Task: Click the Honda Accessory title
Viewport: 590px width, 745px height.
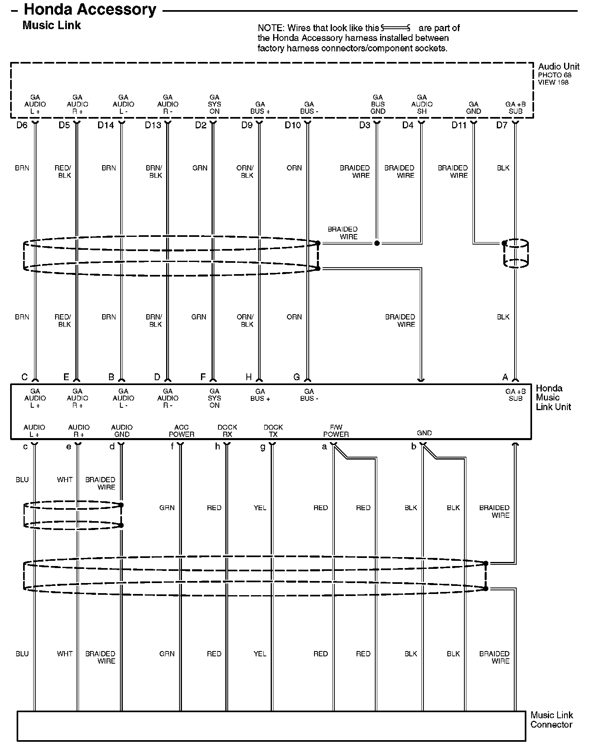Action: [x=90, y=10]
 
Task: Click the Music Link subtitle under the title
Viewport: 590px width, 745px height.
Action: [x=51, y=25]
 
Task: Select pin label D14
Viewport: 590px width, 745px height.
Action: [x=106, y=125]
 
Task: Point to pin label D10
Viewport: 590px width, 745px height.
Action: [x=293, y=125]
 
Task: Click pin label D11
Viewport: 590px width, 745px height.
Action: [x=459, y=125]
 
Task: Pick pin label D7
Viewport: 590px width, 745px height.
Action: [x=502, y=125]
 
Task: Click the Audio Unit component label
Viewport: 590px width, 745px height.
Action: [x=558, y=66]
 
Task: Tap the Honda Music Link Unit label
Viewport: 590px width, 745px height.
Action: [x=553, y=398]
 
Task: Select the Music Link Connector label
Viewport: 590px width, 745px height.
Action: [x=552, y=720]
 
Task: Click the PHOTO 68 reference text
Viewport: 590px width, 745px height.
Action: [x=554, y=75]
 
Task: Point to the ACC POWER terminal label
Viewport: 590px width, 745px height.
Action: [x=182, y=431]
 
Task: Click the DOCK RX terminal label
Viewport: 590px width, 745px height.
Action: [x=227, y=431]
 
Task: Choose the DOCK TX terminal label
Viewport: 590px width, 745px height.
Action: [x=273, y=431]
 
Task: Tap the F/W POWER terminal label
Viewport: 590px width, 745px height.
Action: [x=336, y=431]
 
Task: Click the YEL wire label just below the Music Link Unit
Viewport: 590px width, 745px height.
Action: [x=260, y=508]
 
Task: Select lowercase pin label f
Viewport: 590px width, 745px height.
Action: [x=172, y=446]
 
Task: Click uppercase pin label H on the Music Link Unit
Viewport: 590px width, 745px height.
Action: [x=249, y=377]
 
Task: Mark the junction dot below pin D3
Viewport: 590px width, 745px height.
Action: [x=377, y=243]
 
